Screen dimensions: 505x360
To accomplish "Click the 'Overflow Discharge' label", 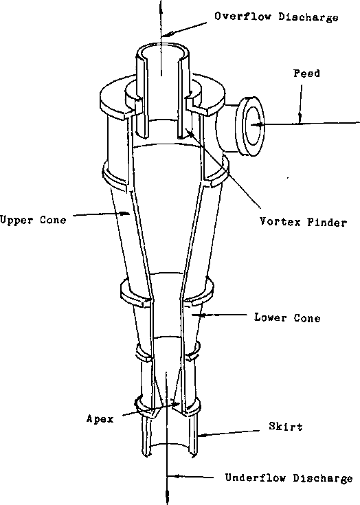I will tap(276, 17).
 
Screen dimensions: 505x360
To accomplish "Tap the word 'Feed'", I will tap(306, 73).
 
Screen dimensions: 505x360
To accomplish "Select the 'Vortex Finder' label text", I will tap(303, 222).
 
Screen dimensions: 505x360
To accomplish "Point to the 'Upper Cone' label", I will tap(33, 220).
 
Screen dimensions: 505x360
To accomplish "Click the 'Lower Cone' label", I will tap(287, 318).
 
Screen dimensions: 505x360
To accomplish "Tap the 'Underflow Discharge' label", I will tap(289, 478).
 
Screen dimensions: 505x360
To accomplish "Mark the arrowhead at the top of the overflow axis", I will tap(162, 4).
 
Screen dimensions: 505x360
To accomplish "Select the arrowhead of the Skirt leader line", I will tap(199, 434).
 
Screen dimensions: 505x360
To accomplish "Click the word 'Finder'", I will tap(324, 222).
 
